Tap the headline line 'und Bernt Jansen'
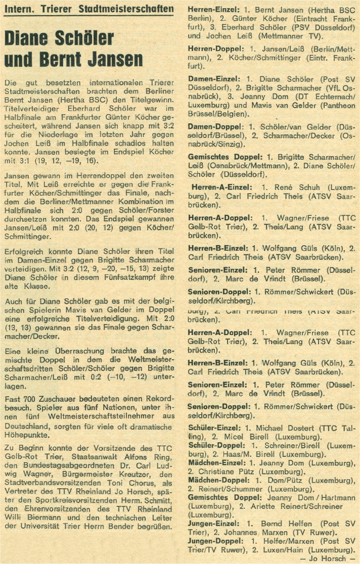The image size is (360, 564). point(73,60)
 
